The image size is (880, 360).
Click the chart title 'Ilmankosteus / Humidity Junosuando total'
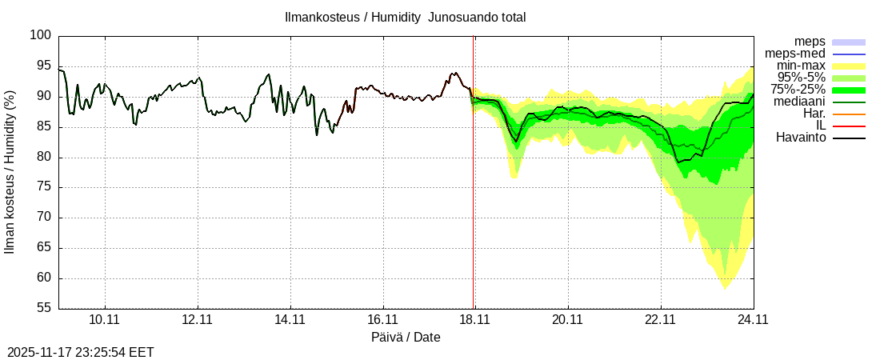tap(405, 17)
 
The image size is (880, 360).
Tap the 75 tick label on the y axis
tap(45, 187)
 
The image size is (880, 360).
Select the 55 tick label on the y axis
tap(45, 309)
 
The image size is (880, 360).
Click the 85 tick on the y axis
tap(45, 127)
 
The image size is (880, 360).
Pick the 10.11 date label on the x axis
tap(104, 319)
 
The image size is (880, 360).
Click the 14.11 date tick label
tap(290, 319)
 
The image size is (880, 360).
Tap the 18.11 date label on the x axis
tap(474, 319)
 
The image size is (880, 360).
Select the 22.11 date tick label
tap(660, 319)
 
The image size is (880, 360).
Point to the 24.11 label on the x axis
tap(752, 319)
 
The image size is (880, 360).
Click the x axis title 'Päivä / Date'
tap(406, 337)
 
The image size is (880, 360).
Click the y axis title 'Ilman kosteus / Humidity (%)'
tap(10, 172)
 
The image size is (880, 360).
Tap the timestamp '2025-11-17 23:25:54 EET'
tap(81, 352)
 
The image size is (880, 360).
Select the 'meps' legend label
tap(810, 42)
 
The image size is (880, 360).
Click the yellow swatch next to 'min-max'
tap(849, 66)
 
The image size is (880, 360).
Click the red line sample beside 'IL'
tap(849, 126)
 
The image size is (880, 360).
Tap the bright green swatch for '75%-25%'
tap(849, 90)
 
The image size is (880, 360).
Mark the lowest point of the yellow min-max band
tap(725, 288)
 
